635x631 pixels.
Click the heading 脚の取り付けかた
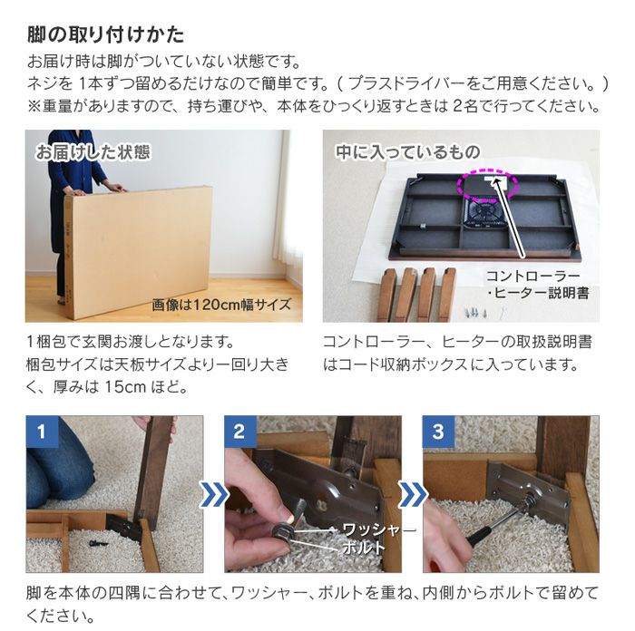(x=105, y=35)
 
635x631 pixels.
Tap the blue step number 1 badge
(x=40, y=431)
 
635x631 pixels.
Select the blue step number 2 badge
(x=239, y=431)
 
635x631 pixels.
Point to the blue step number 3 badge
(x=438, y=431)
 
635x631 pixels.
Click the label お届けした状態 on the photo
(x=93, y=152)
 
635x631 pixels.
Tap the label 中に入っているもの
(x=407, y=152)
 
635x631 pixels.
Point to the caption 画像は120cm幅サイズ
(x=221, y=306)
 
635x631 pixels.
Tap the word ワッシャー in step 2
(x=378, y=529)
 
